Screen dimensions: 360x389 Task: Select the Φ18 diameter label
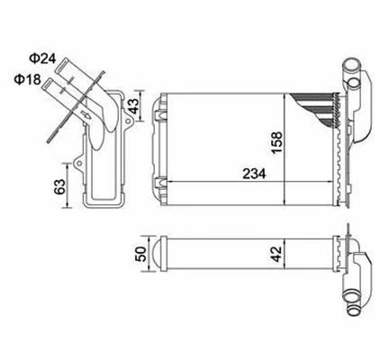pos(26,78)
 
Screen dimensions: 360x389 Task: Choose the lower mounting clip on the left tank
pos(159,187)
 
